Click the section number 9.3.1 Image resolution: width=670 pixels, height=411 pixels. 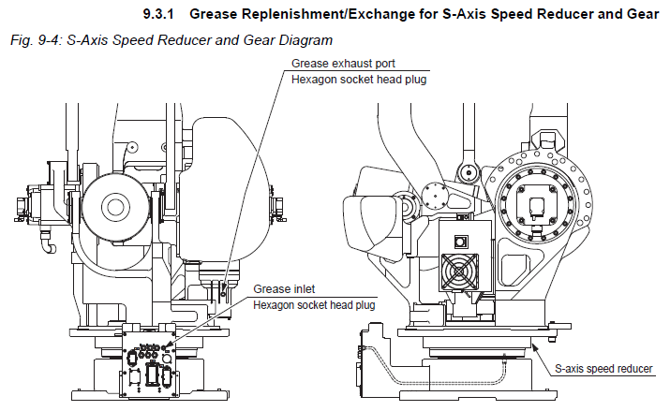point(162,14)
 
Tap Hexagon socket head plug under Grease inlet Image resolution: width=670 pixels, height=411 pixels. point(314,305)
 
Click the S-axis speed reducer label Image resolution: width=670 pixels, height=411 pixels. point(603,368)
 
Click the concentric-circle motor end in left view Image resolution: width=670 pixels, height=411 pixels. point(115,207)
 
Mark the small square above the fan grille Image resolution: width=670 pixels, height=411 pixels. point(461,240)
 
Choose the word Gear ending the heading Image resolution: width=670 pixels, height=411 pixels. point(652,14)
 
